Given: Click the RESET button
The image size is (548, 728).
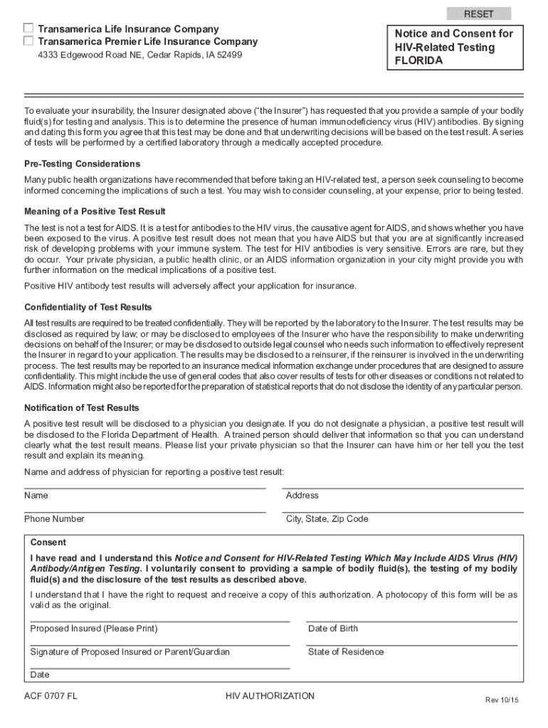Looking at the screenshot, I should pyautogui.click(x=478, y=14).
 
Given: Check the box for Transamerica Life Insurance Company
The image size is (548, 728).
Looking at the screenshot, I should pyautogui.click(x=28, y=28).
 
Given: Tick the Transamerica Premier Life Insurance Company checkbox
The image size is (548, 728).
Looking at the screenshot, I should pyautogui.click(x=28, y=41).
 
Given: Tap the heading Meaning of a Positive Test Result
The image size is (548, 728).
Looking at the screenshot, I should pyautogui.click(x=95, y=211).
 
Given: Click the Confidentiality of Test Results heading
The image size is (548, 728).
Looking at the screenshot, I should pyautogui.click(x=88, y=307).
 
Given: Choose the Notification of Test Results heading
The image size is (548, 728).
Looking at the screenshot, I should pyautogui.click(x=82, y=407).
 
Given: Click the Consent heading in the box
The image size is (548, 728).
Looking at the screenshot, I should pyautogui.click(x=48, y=542).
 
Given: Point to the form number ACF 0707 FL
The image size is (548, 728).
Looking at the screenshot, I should pyautogui.click(x=51, y=697).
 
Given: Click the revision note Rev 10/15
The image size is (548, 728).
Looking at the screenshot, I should pyautogui.click(x=502, y=700).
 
